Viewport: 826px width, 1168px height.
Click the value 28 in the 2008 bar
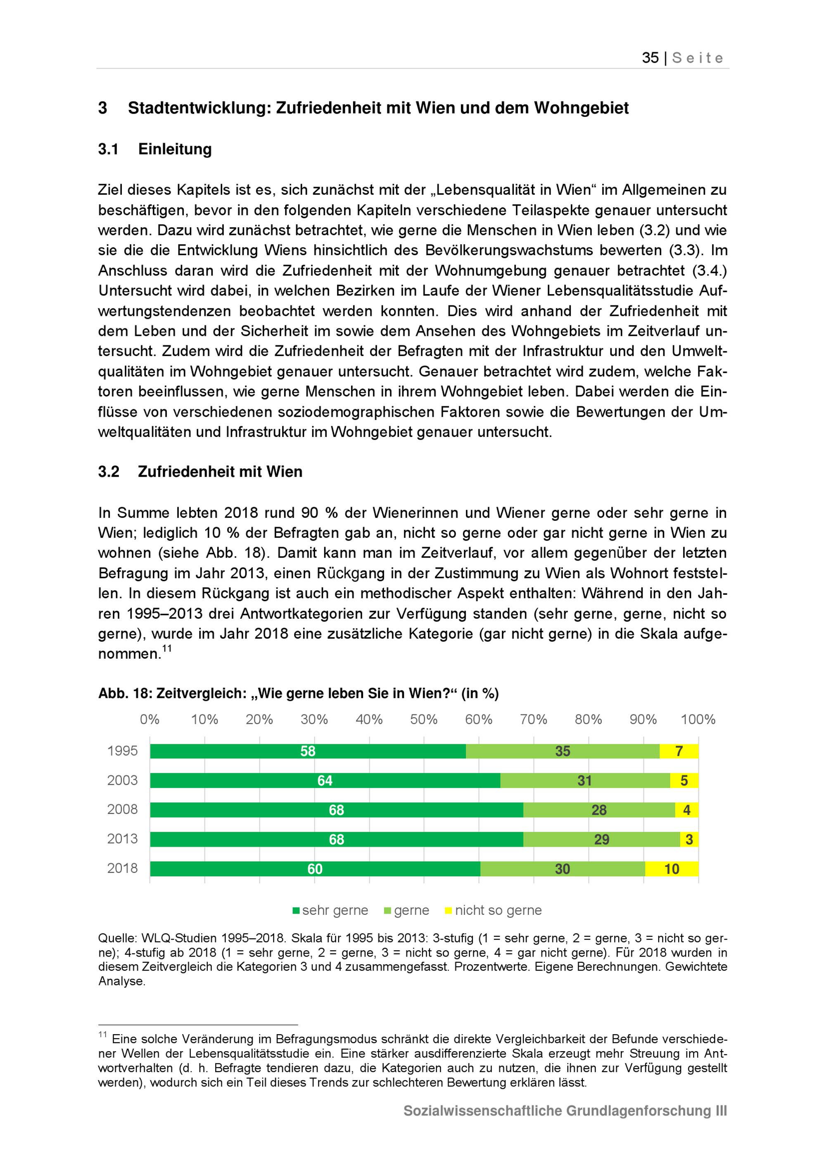pyautogui.click(x=599, y=810)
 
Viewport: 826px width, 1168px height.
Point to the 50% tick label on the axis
pyautogui.click(x=424, y=719)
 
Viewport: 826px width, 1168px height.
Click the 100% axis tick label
pyautogui.click(x=698, y=719)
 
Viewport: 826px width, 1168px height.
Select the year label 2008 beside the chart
pyautogui.click(x=122, y=810)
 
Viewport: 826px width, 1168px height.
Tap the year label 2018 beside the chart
pyautogui.click(x=122, y=869)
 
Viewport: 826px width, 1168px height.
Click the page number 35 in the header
pyautogui.click(x=650, y=58)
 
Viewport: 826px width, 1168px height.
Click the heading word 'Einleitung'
pyautogui.click(x=175, y=149)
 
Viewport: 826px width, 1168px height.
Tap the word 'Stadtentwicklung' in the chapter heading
pyautogui.click(x=198, y=108)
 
